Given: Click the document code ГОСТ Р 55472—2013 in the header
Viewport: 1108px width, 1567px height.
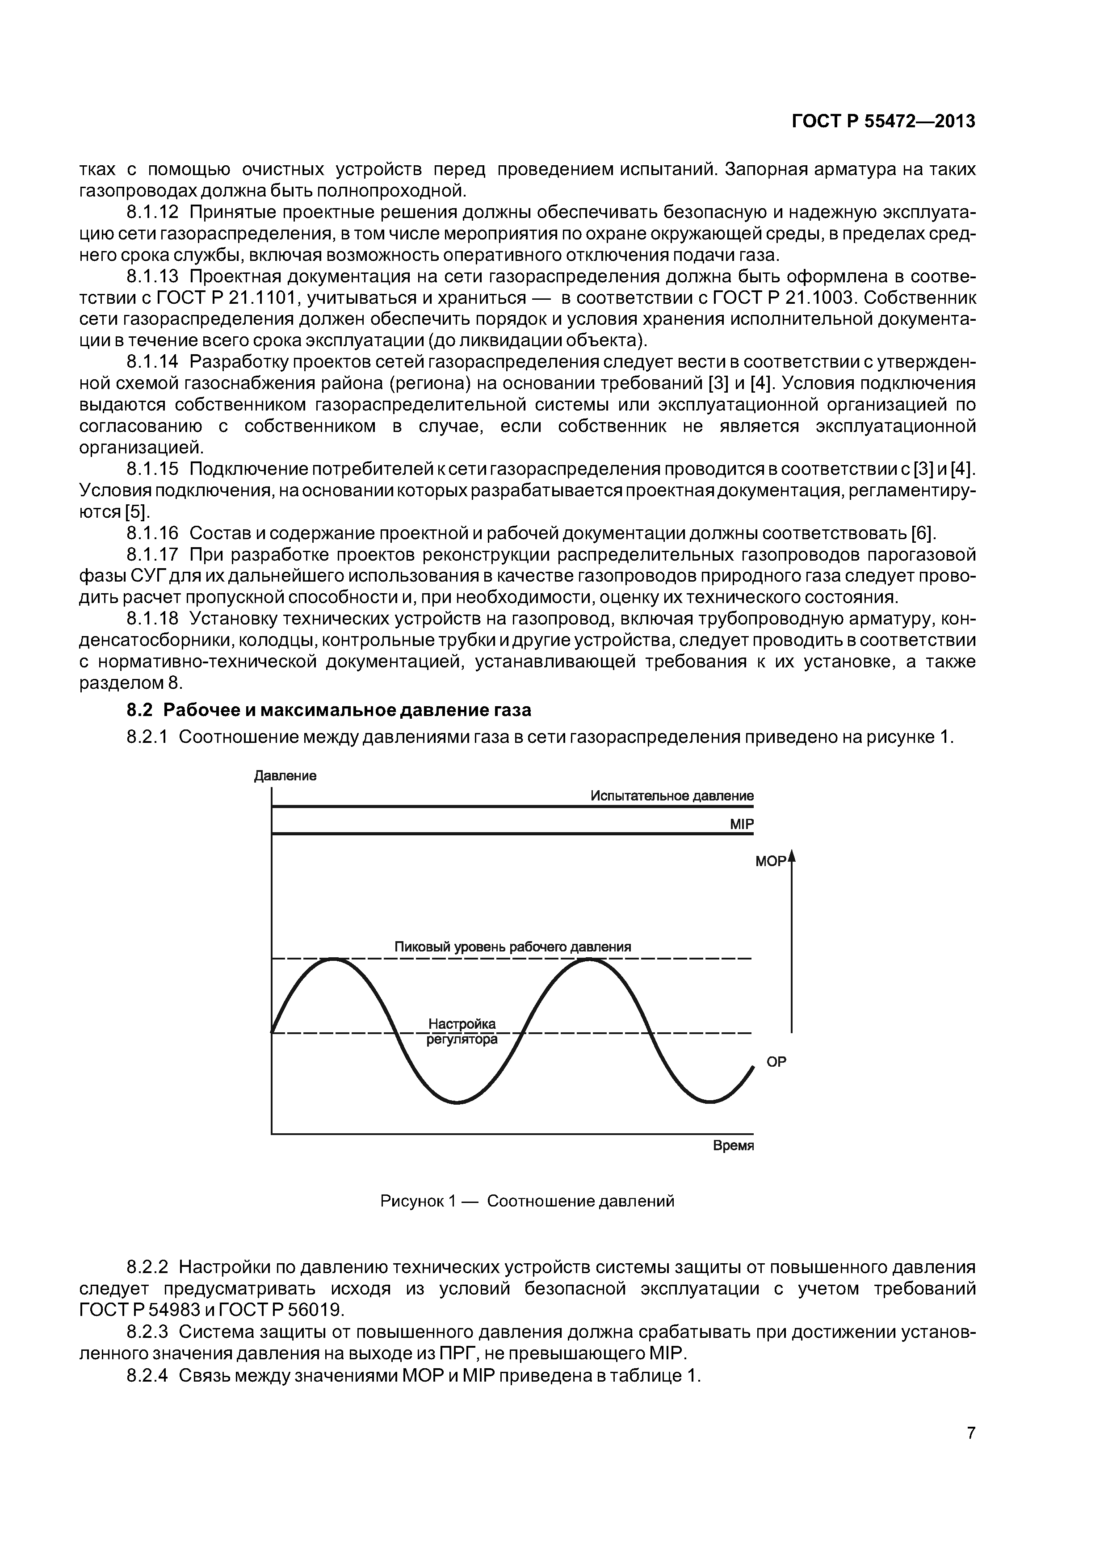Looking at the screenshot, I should tap(883, 122).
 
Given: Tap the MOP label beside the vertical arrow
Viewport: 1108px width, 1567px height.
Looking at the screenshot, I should tap(770, 861).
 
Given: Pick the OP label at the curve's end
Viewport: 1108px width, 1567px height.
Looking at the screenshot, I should tap(776, 1062).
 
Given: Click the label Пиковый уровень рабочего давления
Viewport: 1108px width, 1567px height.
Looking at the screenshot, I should tap(512, 947).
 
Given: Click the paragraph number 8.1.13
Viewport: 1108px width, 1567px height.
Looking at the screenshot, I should tap(152, 277).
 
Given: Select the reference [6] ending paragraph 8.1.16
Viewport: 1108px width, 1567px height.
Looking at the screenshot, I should tap(923, 532).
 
